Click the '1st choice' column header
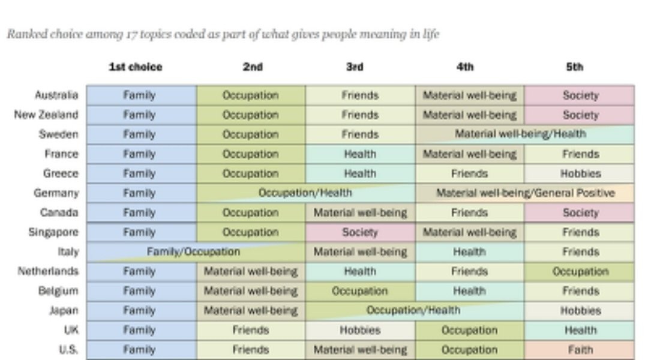pyautogui.click(x=135, y=67)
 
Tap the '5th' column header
pyautogui.click(x=574, y=67)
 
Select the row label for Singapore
pyautogui.click(x=53, y=232)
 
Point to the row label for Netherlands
pyautogui.click(x=48, y=271)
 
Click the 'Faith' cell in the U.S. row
pyautogui.click(x=580, y=350)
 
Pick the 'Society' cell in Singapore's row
pyautogui.click(x=360, y=232)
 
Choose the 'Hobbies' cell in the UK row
pyautogui.click(x=360, y=330)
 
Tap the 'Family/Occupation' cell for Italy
pyautogui.click(x=193, y=252)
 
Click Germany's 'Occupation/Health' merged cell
pyautogui.click(x=305, y=193)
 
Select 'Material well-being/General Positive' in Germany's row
pyautogui.click(x=525, y=193)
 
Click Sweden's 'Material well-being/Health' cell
pyautogui.click(x=520, y=134)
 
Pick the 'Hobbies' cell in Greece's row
pyautogui.click(x=580, y=173)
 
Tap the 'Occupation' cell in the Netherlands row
pyautogui.click(x=580, y=271)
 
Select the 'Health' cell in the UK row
pyautogui.click(x=580, y=330)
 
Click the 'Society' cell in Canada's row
pyautogui.click(x=580, y=212)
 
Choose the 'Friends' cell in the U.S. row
pyautogui.click(x=251, y=350)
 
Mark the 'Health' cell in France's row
pyautogui.click(x=360, y=154)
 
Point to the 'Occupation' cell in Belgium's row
pyautogui.click(x=360, y=291)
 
